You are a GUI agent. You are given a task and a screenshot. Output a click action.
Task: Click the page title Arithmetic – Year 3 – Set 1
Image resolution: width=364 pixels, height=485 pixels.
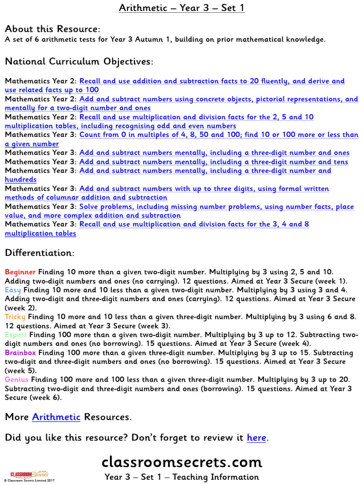[x=182, y=8]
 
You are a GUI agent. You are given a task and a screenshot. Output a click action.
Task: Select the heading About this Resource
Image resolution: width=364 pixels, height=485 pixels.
[x=52, y=29]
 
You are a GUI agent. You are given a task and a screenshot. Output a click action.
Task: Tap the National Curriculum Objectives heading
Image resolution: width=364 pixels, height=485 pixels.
[x=79, y=62]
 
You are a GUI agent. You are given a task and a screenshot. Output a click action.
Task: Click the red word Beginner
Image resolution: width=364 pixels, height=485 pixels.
[x=20, y=272]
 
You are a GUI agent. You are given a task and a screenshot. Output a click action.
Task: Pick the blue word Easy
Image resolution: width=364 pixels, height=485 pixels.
[x=13, y=290]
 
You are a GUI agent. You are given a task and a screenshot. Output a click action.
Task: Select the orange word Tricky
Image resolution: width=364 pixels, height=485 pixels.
[x=15, y=317]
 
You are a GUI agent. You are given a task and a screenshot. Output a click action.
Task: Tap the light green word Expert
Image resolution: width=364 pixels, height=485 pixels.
[x=16, y=335]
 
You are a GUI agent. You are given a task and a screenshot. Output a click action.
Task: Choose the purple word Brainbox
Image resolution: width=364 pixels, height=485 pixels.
[x=20, y=353]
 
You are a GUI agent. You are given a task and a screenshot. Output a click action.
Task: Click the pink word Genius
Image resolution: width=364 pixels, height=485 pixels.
[x=17, y=380]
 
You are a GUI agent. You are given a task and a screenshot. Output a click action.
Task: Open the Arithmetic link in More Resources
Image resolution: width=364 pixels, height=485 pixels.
[x=56, y=417]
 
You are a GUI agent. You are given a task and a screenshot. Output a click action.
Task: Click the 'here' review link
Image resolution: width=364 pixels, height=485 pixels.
[x=256, y=438]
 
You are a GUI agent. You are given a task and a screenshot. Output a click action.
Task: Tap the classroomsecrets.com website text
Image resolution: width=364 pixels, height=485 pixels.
[x=182, y=462]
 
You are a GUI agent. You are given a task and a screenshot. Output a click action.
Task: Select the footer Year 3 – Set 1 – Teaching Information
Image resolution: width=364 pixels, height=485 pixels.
[x=182, y=477]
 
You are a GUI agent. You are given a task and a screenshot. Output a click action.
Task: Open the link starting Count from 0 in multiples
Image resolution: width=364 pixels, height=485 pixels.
[x=218, y=135]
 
